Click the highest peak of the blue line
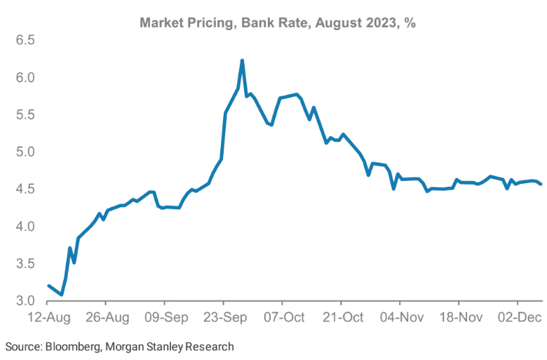(242, 60)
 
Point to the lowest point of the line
(62, 295)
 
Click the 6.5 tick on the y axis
(26, 40)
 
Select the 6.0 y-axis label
(26, 77)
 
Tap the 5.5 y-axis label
(26, 114)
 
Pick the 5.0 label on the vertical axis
(26, 152)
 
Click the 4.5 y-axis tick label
(26, 189)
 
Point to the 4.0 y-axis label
(26, 226)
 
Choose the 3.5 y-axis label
(26, 264)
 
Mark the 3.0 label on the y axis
(26, 301)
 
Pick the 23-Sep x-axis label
(224, 317)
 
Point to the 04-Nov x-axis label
(400, 317)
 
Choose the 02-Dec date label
(518, 317)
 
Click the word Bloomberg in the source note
(69, 347)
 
